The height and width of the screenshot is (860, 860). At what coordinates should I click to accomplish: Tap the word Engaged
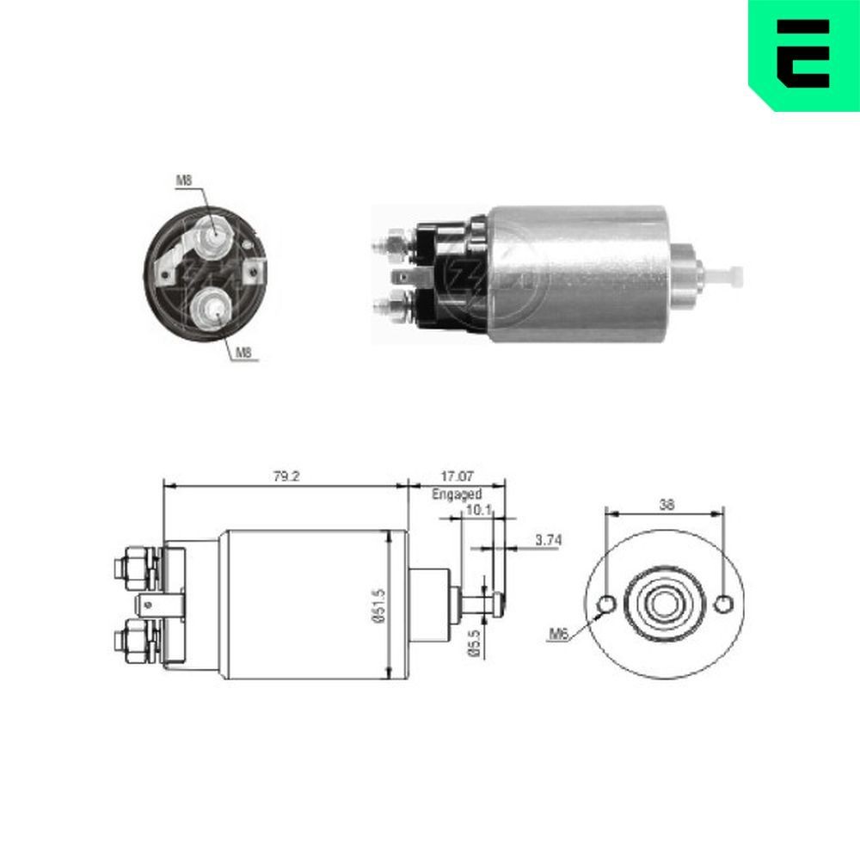click(456, 494)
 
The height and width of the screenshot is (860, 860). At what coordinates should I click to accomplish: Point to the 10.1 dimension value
click(477, 511)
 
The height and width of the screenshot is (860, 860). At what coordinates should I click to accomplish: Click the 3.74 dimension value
click(549, 540)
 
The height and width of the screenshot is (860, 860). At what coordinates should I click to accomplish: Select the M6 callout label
click(559, 635)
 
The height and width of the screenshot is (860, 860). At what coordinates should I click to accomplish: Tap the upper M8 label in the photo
click(184, 181)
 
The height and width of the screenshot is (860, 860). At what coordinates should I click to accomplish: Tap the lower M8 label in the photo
click(244, 353)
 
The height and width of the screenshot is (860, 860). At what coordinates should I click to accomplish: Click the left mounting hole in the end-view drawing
click(605, 604)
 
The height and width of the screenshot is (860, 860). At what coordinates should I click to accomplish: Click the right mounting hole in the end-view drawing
click(723, 604)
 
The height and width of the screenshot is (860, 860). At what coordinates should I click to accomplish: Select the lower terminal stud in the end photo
click(211, 305)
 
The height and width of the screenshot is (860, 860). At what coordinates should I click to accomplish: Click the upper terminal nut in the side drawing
click(135, 568)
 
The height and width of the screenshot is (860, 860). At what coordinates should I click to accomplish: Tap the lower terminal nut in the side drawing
click(135, 639)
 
